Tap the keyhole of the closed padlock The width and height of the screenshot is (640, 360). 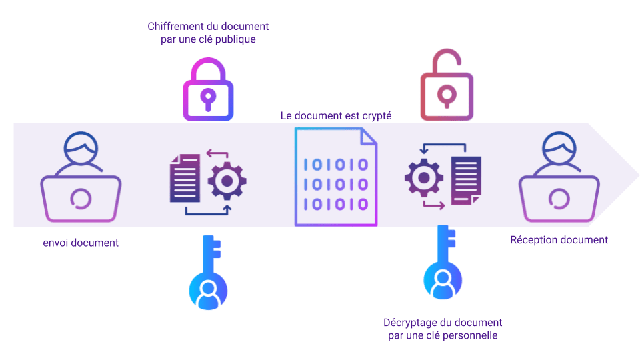(x=208, y=97)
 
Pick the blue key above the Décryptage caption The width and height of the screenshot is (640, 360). (x=441, y=263)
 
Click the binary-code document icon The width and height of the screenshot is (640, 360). (x=335, y=177)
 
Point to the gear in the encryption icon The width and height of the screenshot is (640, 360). (x=227, y=181)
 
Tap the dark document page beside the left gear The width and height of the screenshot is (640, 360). (x=185, y=178)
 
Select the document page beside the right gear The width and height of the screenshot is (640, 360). (x=466, y=179)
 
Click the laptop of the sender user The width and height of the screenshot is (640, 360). (x=81, y=198)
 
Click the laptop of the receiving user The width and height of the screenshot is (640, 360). (x=559, y=198)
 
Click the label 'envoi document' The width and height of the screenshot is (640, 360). (x=81, y=243)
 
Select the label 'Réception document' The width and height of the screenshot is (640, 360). (x=559, y=240)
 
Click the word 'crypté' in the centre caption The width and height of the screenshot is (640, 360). (x=376, y=116)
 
